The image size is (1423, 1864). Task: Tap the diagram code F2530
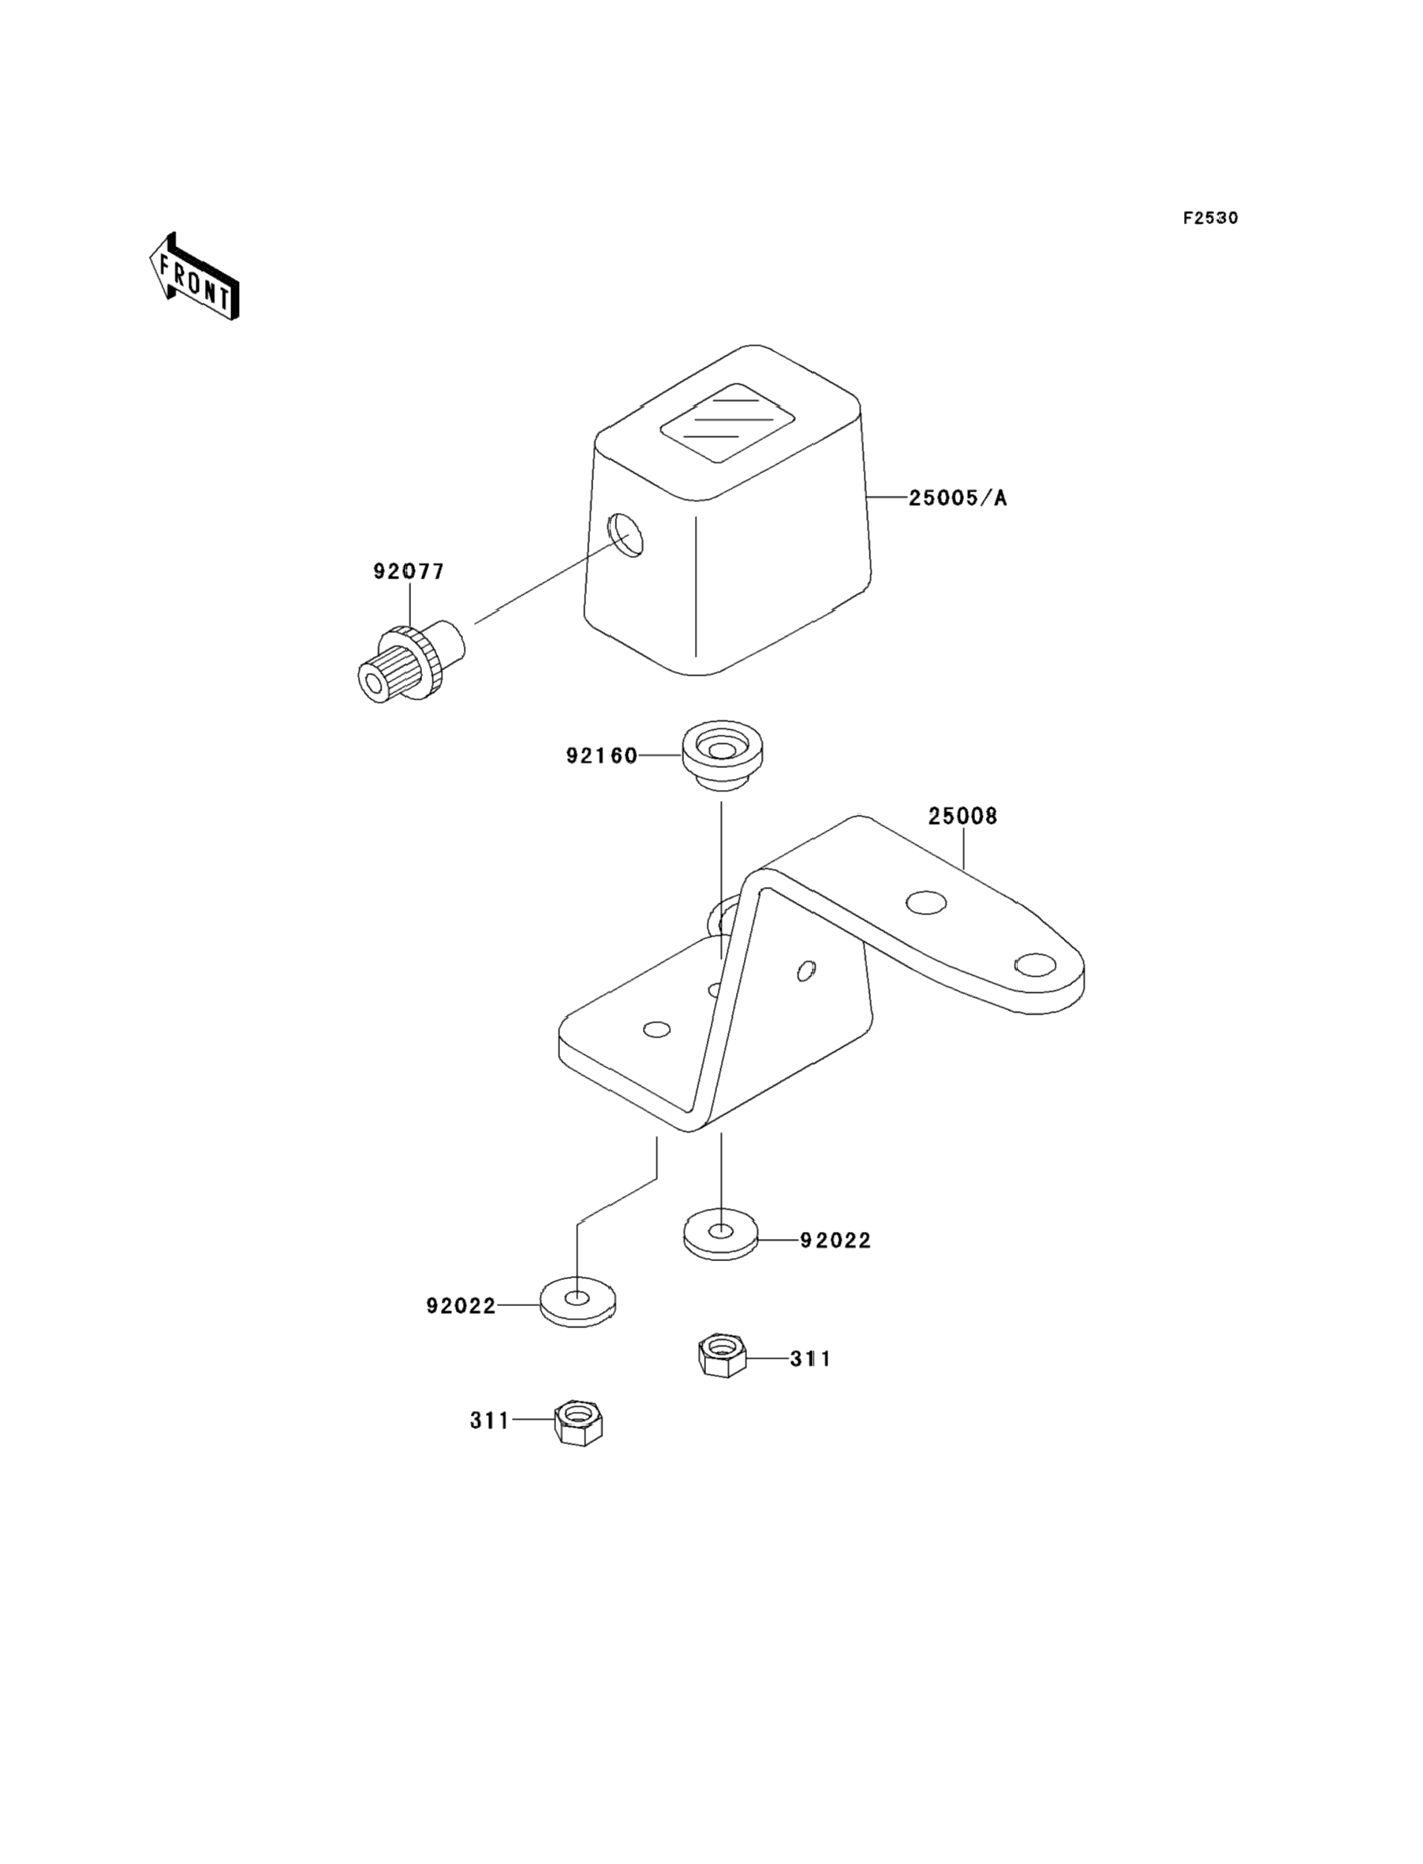1210,219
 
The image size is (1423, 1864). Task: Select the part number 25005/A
958,498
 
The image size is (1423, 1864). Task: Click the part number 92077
409,572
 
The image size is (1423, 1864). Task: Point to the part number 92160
601,756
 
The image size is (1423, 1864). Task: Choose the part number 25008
963,817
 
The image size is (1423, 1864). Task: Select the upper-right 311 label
811,1359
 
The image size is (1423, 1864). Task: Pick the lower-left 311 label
491,1420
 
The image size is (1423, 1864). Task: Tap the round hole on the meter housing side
625,534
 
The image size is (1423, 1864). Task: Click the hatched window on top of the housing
727,422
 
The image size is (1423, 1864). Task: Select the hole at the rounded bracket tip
1034,964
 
